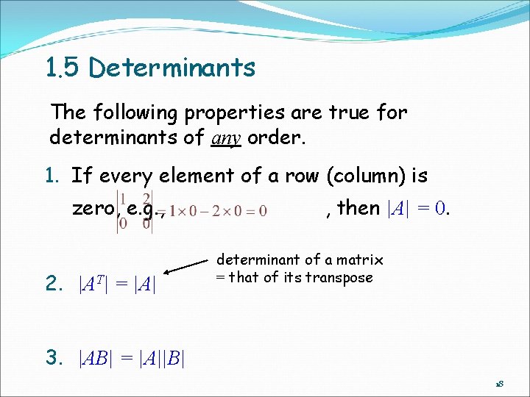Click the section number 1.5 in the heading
(x=63, y=68)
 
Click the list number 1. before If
(x=57, y=176)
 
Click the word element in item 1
(x=202, y=176)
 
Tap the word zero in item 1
(x=93, y=208)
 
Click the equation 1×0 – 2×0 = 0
(x=218, y=210)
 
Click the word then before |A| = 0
(x=358, y=208)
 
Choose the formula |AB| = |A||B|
(x=131, y=358)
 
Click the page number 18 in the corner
(x=498, y=385)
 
